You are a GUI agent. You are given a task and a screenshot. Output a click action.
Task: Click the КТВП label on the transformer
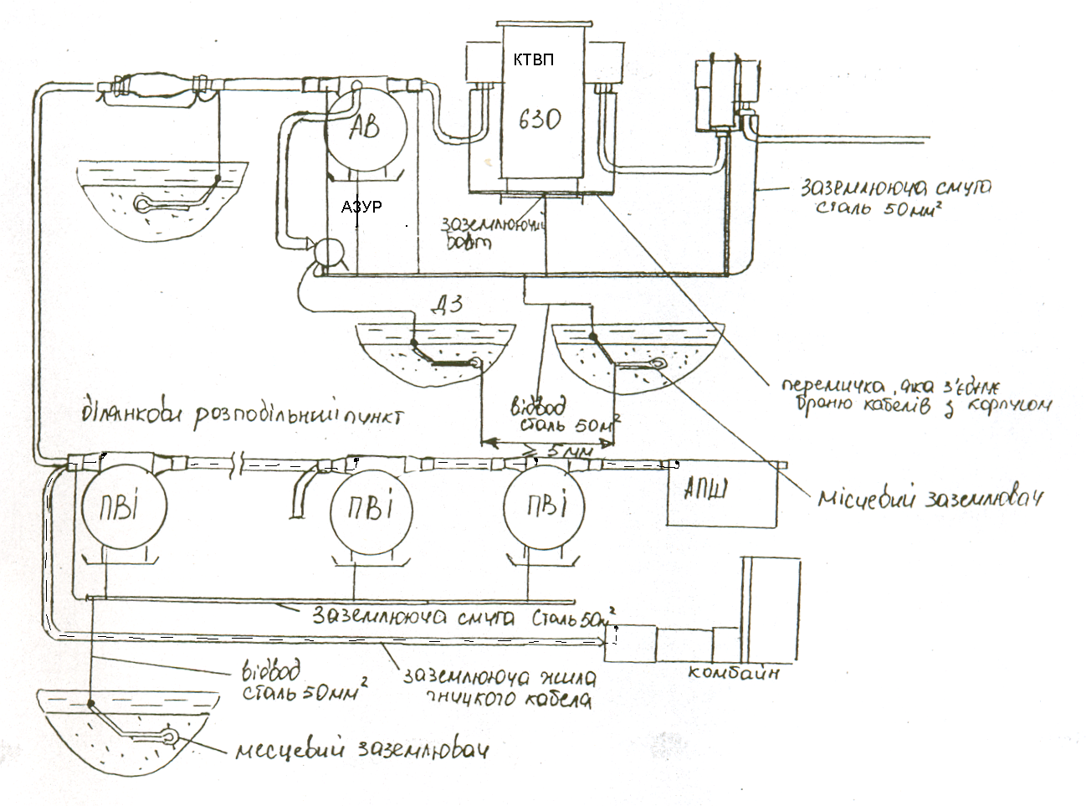pyautogui.click(x=534, y=59)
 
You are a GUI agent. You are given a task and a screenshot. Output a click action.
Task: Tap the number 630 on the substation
pyautogui.click(x=536, y=119)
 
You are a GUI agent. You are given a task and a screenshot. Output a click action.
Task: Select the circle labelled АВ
pyautogui.click(x=363, y=130)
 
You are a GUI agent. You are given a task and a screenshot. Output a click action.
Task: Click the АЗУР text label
pyautogui.click(x=361, y=207)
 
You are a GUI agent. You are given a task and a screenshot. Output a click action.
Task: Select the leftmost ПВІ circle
pyautogui.click(x=123, y=507)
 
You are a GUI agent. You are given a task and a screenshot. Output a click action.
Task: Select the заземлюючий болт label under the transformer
pyautogui.click(x=492, y=232)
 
